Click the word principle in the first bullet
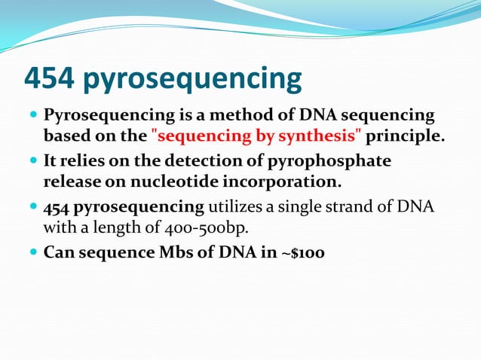coord(404,137)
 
